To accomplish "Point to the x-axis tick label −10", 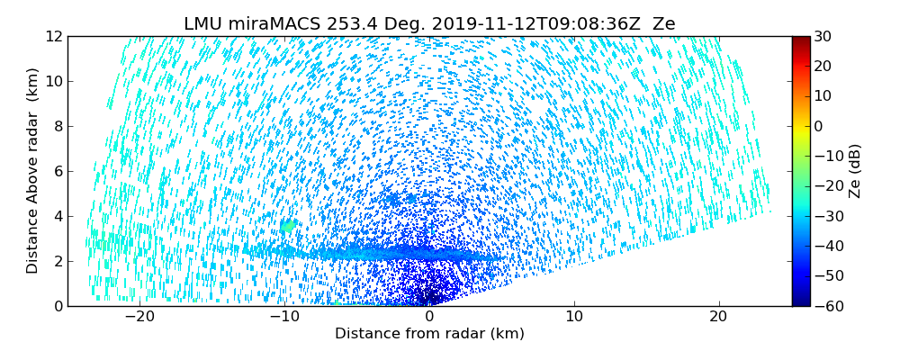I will [x=284, y=317].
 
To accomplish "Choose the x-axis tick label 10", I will [x=574, y=317].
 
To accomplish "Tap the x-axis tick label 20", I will [x=719, y=317].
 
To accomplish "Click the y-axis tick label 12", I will [x=53, y=37].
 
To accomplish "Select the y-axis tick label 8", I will [x=57, y=127].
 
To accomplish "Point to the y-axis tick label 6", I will [x=57, y=172].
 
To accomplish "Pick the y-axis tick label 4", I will [x=57, y=217].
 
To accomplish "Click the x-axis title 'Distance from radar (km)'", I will [x=429, y=334].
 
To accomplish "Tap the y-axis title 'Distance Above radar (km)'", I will [x=33, y=171].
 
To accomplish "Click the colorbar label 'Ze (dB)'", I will [x=855, y=171].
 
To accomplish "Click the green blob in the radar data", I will [x=288, y=226].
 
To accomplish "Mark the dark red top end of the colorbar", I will [x=800, y=40].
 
